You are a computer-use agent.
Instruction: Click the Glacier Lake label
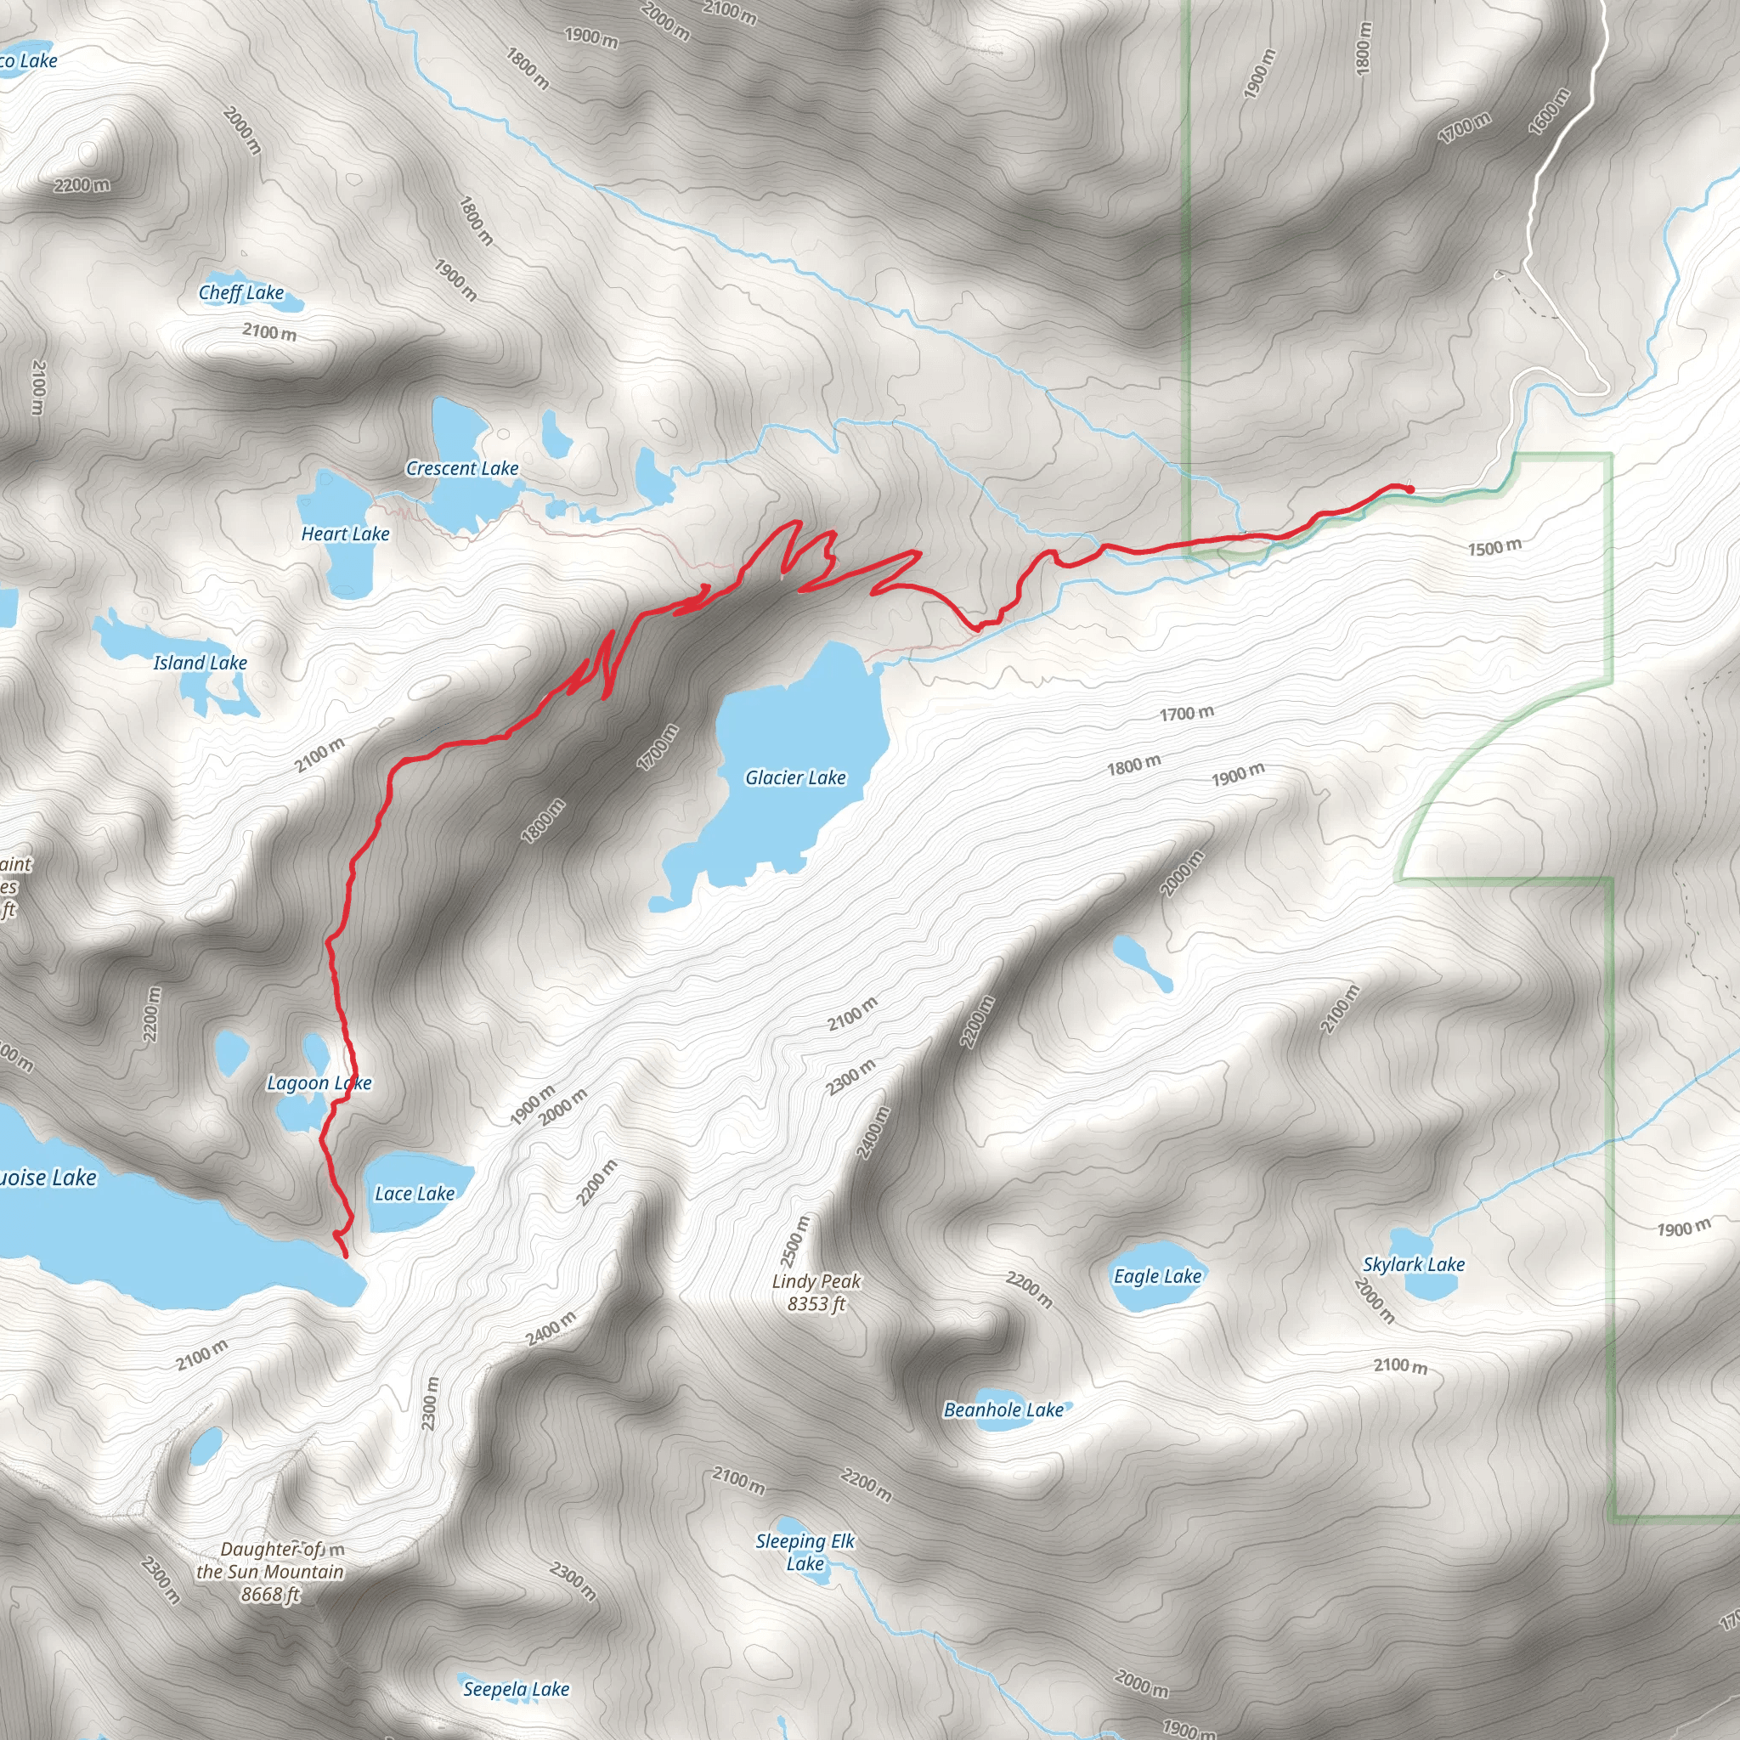pyautogui.click(x=795, y=777)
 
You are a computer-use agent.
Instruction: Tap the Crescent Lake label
pyautogui.click(x=462, y=468)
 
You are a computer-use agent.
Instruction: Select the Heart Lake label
pyautogui.click(x=345, y=534)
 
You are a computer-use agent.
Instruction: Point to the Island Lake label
pyautogui.click(x=200, y=663)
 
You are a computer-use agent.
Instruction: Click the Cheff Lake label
pyautogui.click(x=241, y=293)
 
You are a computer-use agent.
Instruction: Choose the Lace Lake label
pyautogui.click(x=415, y=1194)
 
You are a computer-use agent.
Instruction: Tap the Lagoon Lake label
pyautogui.click(x=319, y=1082)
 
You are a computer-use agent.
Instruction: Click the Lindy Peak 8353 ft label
pyautogui.click(x=816, y=1292)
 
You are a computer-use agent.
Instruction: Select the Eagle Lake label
pyautogui.click(x=1157, y=1276)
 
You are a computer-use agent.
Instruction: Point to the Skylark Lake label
pyautogui.click(x=1414, y=1264)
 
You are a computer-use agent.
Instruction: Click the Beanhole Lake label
pyautogui.click(x=1003, y=1410)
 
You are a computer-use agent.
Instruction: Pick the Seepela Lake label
pyautogui.click(x=516, y=1689)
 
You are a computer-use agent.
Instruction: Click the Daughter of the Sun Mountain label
pyautogui.click(x=270, y=1572)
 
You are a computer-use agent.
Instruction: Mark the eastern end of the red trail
pyautogui.click(x=1410, y=489)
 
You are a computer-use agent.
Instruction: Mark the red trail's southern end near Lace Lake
pyautogui.click(x=345, y=1256)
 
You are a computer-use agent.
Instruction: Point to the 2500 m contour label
pyautogui.click(x=794, y=1240)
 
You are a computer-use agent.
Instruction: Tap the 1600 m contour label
pyautogui.click(x=1548, y=111)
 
